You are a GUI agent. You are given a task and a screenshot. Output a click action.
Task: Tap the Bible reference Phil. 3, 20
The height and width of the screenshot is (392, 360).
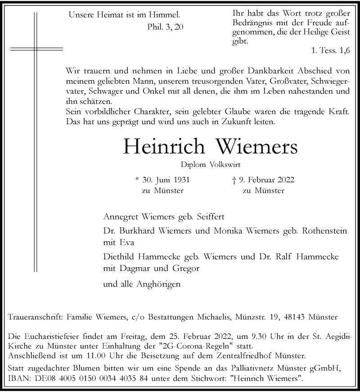[x=166, y=27]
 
